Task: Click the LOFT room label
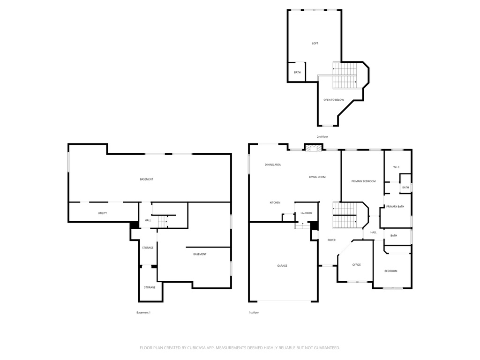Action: [315, 44]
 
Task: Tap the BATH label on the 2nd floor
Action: [297, 73]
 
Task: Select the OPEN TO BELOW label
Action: [333, 100]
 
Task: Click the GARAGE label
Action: [282, 266]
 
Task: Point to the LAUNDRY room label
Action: [306, 213]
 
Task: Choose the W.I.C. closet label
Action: [396, 167]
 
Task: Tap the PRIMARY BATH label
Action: [395, 207]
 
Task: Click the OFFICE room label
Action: [356, 265]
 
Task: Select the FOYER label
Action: [331, 240]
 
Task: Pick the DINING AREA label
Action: [272, 165]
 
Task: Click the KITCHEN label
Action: [275, 202]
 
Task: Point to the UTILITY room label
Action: [102, 213]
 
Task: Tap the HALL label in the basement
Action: [148, 220]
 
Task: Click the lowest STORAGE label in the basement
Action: [150, 287]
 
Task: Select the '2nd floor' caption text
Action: [322, 136]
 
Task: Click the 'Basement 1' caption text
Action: [143, 312]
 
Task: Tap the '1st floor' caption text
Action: [254, 312]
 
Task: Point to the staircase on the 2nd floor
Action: [345, 75]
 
